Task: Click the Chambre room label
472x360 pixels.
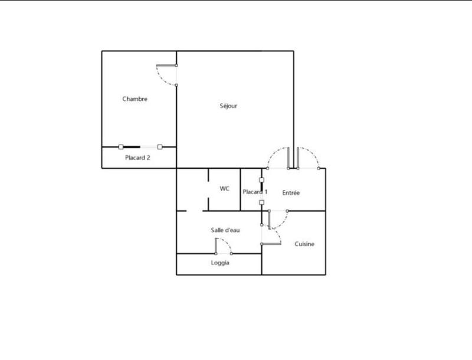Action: click(135, 99)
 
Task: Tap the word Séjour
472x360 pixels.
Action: click(227, 106)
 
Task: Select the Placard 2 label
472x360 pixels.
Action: click(137, 158)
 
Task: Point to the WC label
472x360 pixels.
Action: click(224, 189)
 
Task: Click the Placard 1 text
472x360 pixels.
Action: click(255, 192)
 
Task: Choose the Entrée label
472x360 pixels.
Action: click(291, 193)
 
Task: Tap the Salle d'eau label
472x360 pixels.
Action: click(225, 230)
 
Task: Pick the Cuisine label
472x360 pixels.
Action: click(304, 244)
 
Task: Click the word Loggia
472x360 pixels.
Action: click(220, 263)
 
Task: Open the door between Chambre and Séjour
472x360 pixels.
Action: click(165, 75)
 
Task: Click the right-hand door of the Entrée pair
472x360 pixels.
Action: click(309, 158)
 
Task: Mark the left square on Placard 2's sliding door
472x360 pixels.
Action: click(120, 146)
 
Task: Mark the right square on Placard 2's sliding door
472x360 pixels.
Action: click(159, 146)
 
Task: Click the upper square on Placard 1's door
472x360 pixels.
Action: click(261, 179)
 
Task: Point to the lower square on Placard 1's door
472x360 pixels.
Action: click(261, 202)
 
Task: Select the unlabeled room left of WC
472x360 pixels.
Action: click(192, 189)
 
